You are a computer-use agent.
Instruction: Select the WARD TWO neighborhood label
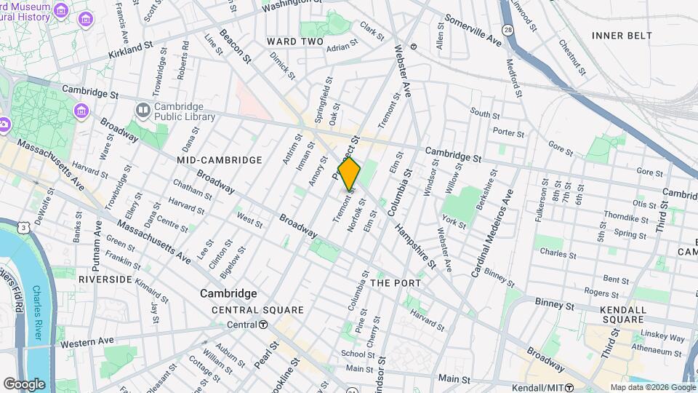(x=294, y=41)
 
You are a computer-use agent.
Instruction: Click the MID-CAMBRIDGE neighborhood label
(x=219, y=159)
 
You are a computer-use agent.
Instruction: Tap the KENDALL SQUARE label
(x=624, y=314)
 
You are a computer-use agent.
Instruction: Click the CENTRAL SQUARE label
(x=246, y=310)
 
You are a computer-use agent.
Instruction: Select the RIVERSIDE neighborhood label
(x=105, y=279)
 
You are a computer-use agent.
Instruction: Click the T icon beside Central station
(x=263, y=325)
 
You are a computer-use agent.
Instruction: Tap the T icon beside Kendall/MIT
(x=571, y=387)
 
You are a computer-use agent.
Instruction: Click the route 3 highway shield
(x=25, y=228)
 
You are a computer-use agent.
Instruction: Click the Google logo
(x=24, y=384)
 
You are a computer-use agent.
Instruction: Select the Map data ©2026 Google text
(x=652, y=387)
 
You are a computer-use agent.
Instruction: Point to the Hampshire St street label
(x=416, y=247)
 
